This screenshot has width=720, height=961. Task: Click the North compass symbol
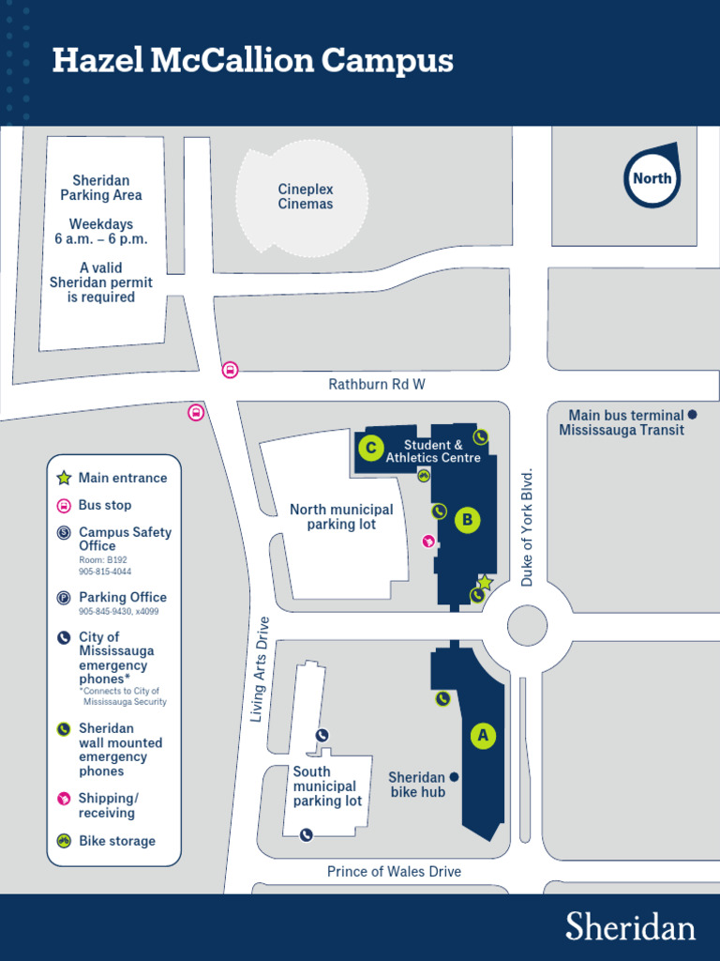652,177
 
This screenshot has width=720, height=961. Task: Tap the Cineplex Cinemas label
306,196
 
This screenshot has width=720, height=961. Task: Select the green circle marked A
483,736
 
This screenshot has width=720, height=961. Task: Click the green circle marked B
468,520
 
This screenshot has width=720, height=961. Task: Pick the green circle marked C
371,449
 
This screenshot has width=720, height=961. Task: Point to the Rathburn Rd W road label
377,384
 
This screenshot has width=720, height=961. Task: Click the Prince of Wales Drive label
394,872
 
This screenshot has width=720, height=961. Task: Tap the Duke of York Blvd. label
527,527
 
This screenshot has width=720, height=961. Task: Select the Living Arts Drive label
261,669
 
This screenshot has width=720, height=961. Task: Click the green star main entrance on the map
486,582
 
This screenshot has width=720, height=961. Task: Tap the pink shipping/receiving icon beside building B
428,541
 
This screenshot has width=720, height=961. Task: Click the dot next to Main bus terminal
692,414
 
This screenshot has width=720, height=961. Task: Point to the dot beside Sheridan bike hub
454,777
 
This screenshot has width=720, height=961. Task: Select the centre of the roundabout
527,625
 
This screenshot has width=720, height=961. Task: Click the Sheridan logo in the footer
630,926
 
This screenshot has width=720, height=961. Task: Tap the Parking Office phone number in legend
118,612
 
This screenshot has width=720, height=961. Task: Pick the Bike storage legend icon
64,841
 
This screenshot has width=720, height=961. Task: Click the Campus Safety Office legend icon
64,533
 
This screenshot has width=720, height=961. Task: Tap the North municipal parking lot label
341,517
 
